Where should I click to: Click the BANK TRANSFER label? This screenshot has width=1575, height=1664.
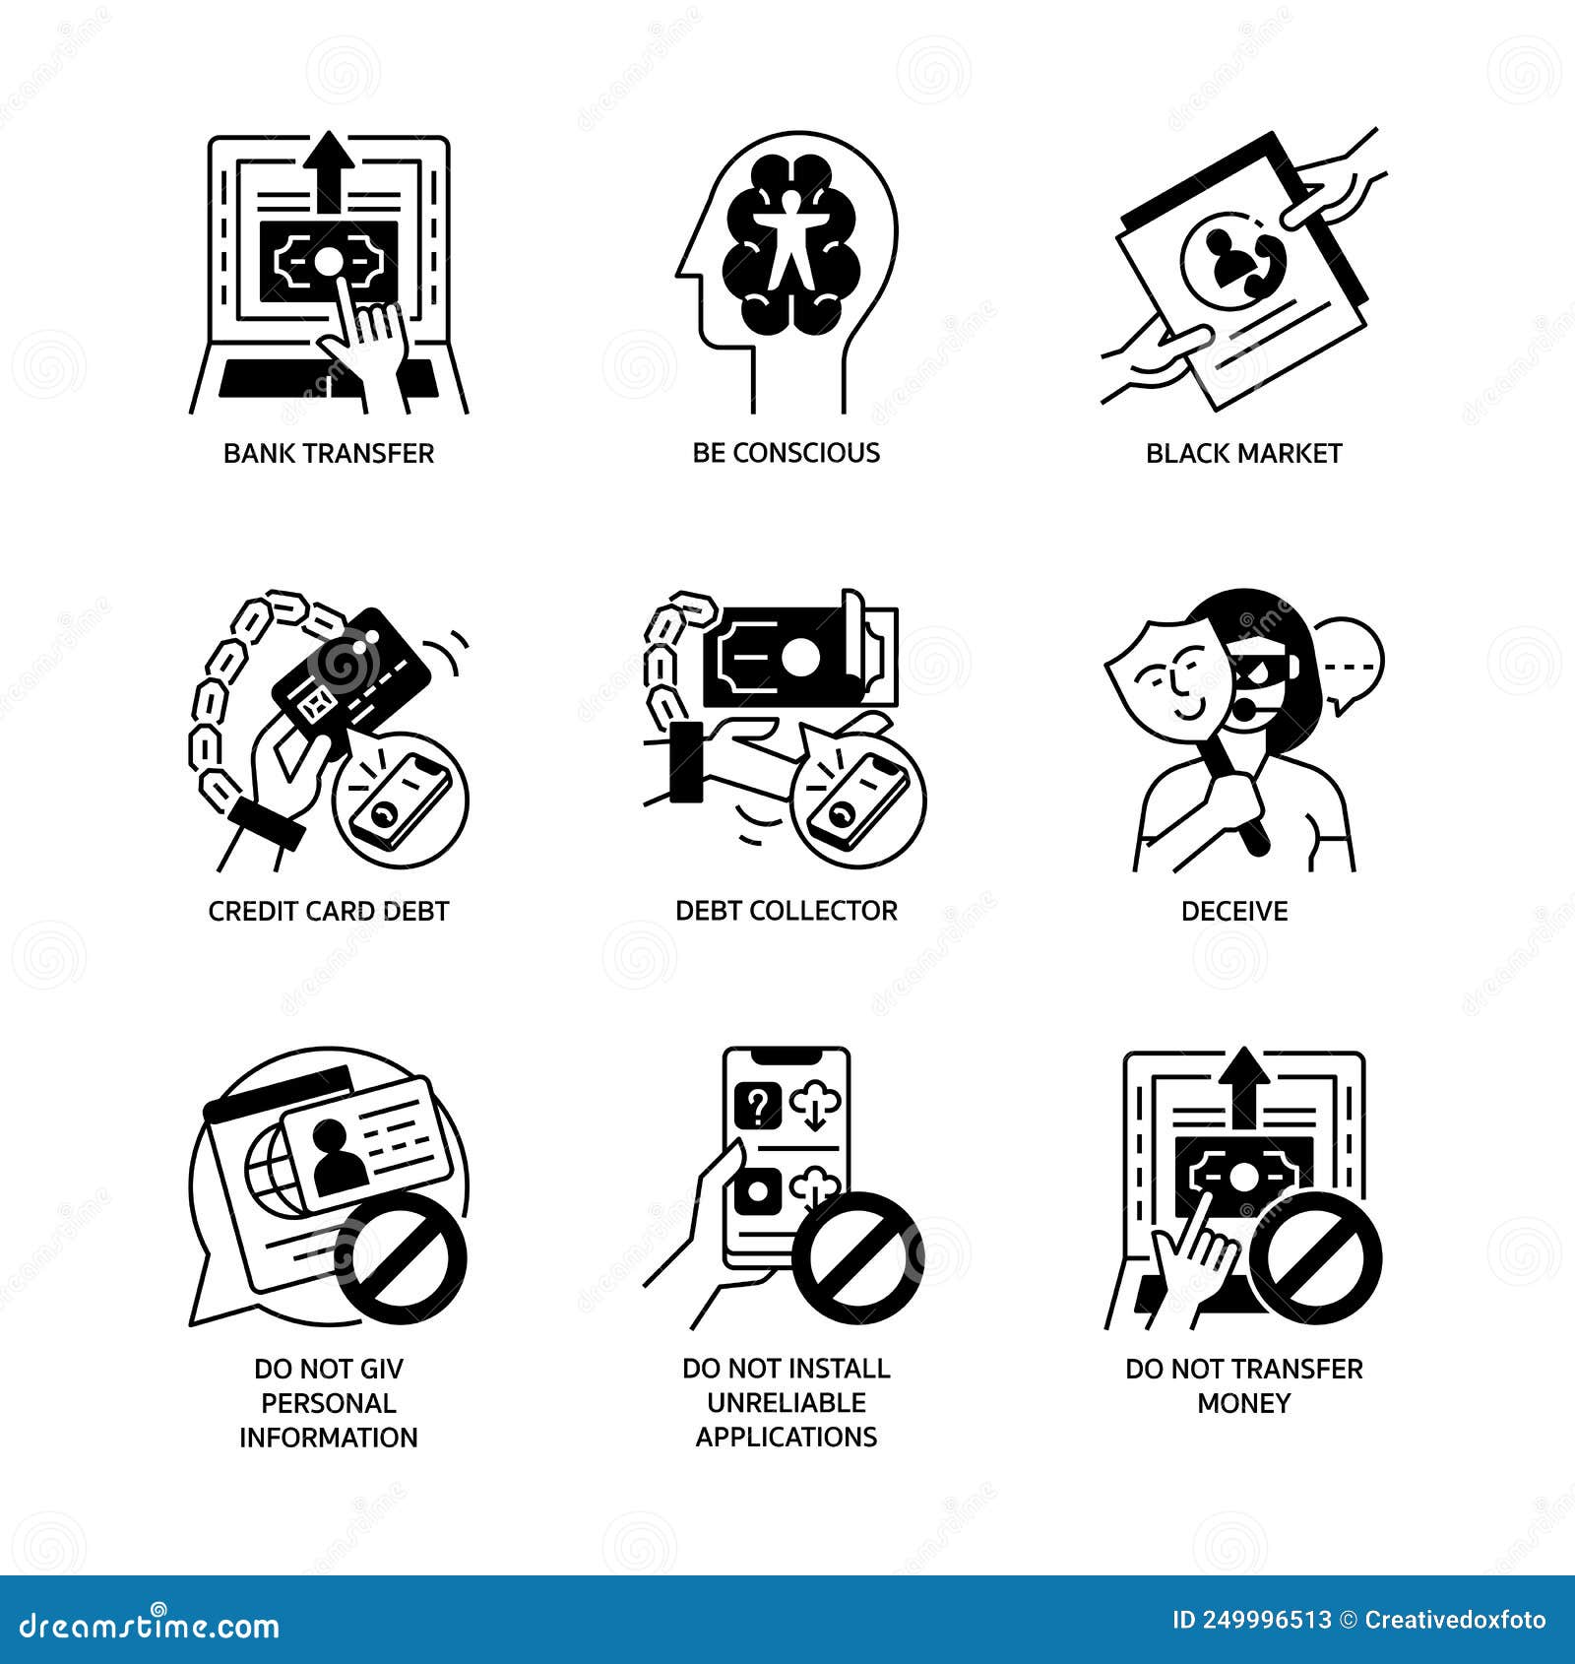pos(328,453)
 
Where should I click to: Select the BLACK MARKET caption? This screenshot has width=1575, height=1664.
pos(1243,453)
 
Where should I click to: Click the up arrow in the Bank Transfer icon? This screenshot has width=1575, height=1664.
pos(329,167)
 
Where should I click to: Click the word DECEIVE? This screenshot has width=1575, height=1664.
pos(1233,911)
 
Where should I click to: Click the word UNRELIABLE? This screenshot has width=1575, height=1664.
pos(786,1403)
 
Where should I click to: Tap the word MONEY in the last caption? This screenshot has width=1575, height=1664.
pos(1243,1403)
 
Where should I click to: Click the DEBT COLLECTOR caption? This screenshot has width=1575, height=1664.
pos(786,911)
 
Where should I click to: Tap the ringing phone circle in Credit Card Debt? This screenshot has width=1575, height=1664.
pos(401,800)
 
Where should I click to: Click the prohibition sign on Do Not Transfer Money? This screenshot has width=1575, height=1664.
pos(1322,1257)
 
